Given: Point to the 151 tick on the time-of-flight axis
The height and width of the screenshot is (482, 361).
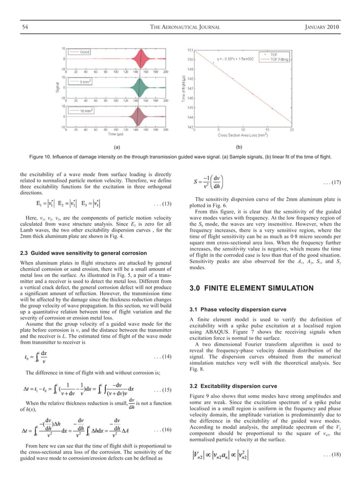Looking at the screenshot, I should (x=190, y=50).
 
